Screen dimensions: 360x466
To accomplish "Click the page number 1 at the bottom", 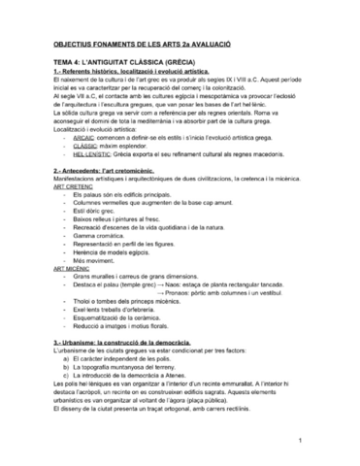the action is (x=303, y=443).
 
